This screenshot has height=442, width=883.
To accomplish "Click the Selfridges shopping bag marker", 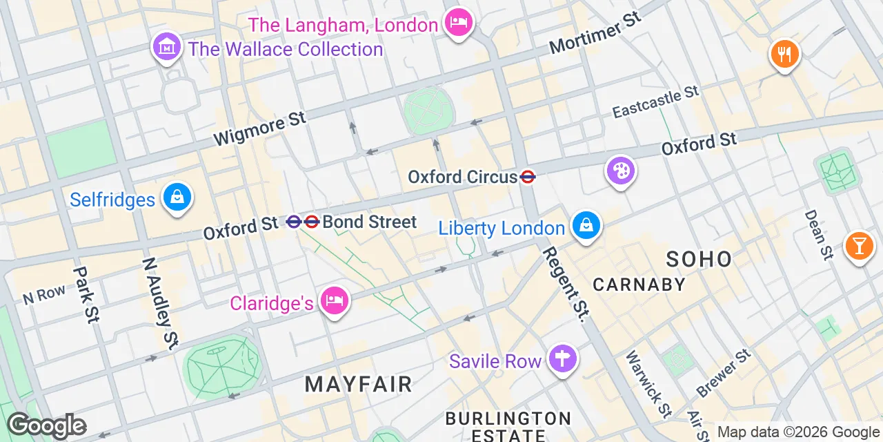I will tap(177, 198).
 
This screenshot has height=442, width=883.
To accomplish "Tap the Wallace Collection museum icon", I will tap(166, 47).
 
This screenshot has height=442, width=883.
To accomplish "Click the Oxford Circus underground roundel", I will tap(528, 177).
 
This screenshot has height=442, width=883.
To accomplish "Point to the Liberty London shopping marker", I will tap(586, 226).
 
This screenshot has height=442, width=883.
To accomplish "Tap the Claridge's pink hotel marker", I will tap(335, 301).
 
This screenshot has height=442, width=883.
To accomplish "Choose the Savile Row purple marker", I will tap(563, 359).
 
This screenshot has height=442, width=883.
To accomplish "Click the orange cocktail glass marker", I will tap(859, 245).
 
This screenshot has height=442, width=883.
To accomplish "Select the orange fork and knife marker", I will tap(784, 53).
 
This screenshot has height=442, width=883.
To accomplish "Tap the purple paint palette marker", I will tap(621, 171).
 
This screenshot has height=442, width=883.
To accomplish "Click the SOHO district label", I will tap(699, 260).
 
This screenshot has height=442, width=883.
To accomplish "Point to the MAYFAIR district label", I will tap(358, 384).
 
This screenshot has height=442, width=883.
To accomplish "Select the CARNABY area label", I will tap(639, 285).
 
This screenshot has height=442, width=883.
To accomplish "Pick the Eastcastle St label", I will tap(655, 102).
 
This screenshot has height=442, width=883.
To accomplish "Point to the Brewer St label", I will tap(723, 374).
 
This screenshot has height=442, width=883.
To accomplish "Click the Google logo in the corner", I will tap(47, 425).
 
